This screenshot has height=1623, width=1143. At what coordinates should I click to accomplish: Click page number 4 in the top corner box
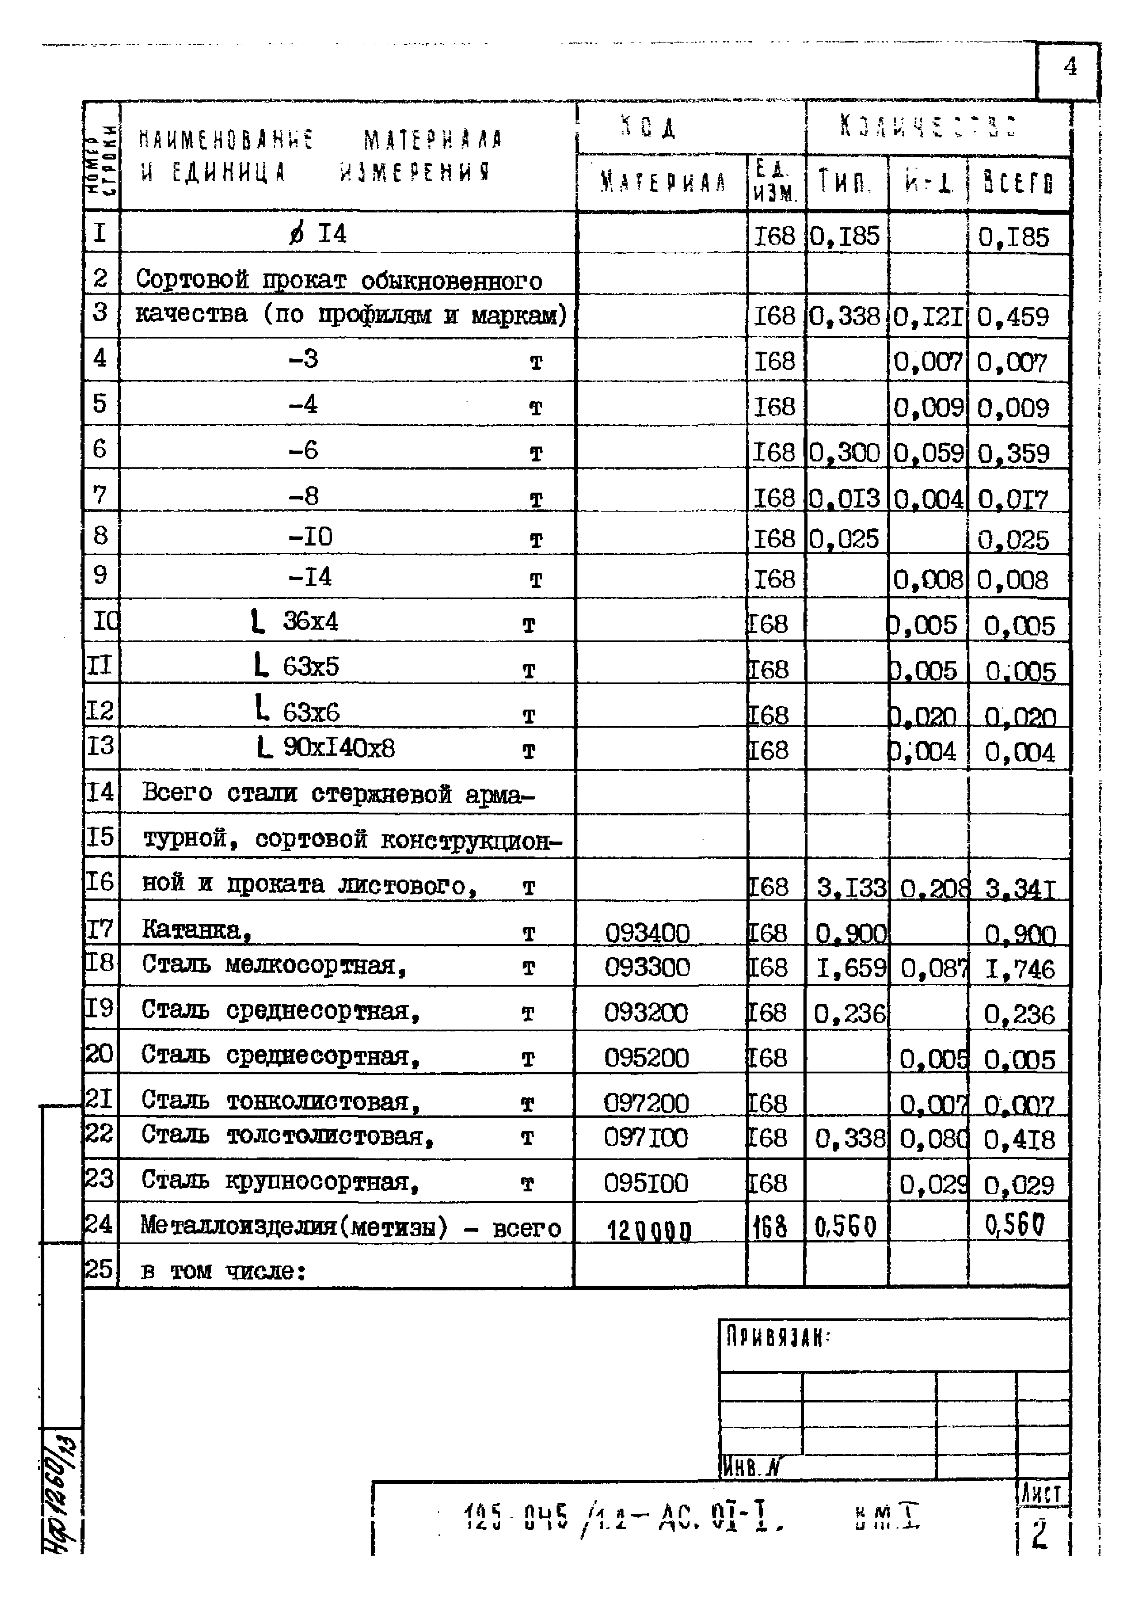click(x=1069, y=68)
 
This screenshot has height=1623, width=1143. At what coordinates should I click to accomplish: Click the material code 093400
click(x=647, y=934)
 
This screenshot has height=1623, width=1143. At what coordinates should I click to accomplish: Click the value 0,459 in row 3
click(x=1012, y=317)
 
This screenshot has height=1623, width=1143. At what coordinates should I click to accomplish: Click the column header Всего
click(x=1018, y=184)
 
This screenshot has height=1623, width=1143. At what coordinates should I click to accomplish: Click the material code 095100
click(x=646, y=1183)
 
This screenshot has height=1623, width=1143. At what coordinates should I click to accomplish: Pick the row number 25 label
click(x=99, y=1269)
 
